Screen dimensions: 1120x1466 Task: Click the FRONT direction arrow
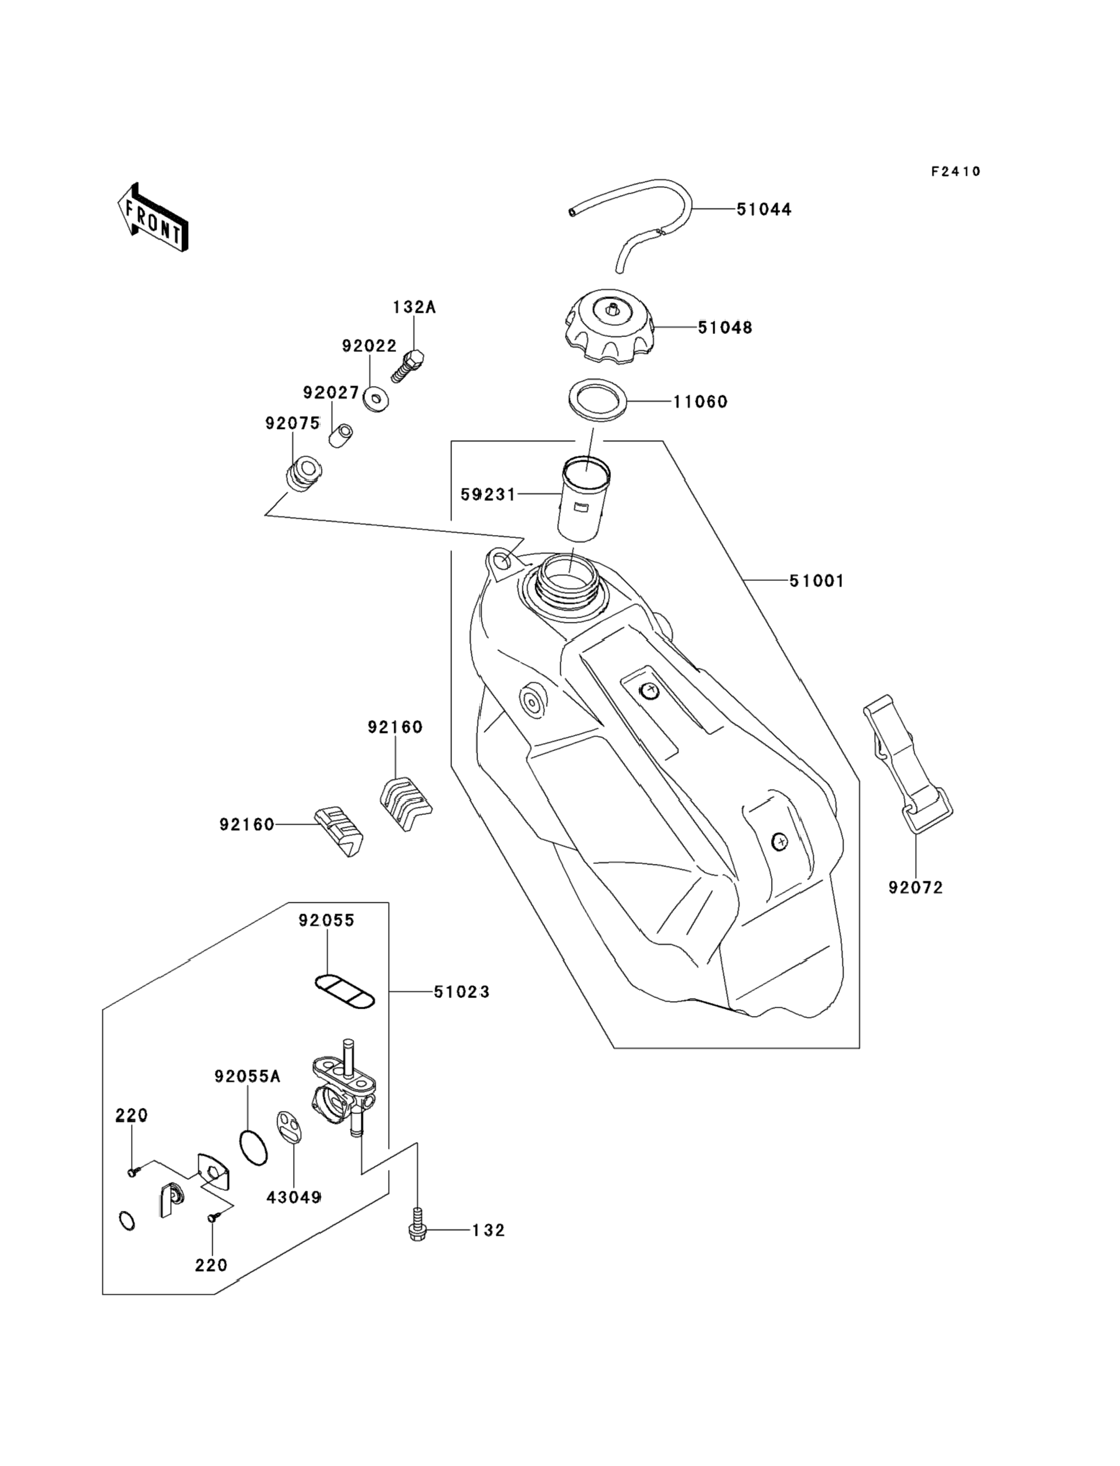(x=152, y=217)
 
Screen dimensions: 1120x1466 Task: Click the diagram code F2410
(x=956, y=172)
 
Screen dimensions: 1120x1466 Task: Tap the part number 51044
(x=764, y=209)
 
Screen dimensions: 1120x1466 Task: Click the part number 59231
(x=488, y=495)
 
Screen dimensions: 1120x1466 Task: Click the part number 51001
(x=816, y=581)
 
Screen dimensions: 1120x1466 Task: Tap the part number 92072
(x=915, y=888)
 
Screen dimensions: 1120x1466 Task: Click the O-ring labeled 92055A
(x=253, y=1146)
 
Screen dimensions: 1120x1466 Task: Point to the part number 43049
(x=294, y=1197)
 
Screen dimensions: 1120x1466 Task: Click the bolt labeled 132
(x=417, y=1230)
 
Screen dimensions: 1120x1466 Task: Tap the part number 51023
(x=461, y=1011)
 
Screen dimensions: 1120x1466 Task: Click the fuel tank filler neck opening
(x=566, y=573)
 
